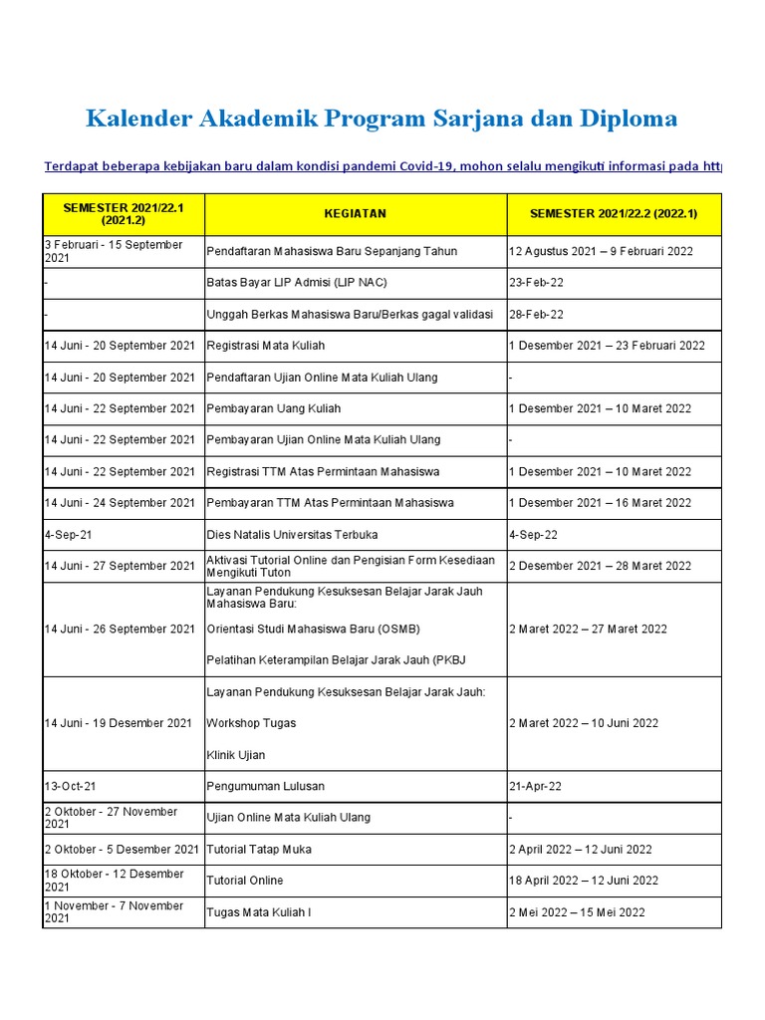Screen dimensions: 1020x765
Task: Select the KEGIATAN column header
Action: coord(355,214)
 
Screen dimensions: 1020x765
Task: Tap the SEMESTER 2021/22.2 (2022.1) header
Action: coord(614,214)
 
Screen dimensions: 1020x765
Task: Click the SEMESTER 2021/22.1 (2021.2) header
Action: coord(124,214)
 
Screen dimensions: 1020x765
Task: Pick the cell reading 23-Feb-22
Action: coord(536,283)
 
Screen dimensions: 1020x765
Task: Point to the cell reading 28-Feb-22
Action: coord(536,315)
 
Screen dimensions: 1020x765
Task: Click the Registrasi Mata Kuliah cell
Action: coord(265,347)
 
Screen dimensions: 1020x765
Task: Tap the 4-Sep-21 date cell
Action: coord(67,535)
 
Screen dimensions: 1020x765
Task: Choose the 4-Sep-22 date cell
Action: coord(533,535)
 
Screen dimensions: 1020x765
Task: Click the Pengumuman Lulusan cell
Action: coord(265,787)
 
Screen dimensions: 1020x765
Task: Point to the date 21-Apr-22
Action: coord(535,787)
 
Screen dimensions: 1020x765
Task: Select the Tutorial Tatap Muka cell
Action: coord(258,850)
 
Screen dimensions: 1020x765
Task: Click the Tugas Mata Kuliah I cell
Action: coord(258,912)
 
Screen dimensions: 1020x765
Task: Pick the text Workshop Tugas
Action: coord(250,723)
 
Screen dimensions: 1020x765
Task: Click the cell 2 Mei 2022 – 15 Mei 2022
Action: coord(577,912)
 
